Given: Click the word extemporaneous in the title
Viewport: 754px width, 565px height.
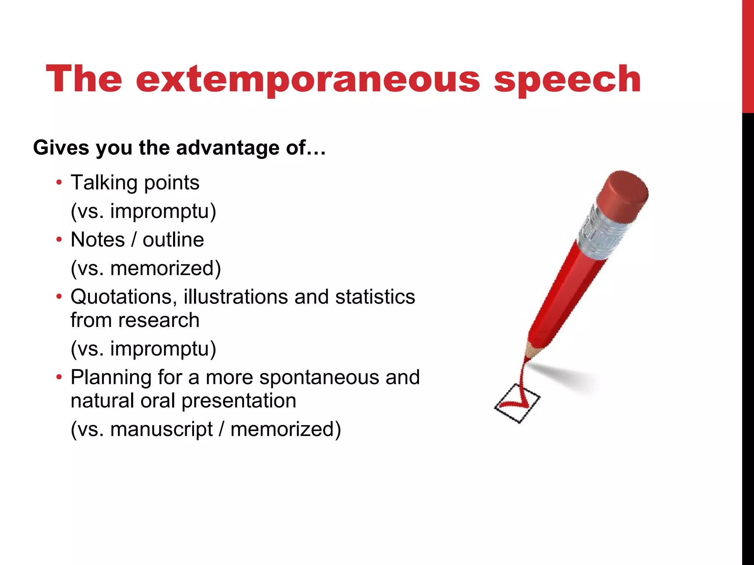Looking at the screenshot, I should pyautogui.click(x=308, y=79).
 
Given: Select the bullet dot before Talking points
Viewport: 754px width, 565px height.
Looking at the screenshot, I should pyautogui.click(x=59, y=182).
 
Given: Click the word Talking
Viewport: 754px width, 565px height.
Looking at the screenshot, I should pyautogui.click(x=104, y=183).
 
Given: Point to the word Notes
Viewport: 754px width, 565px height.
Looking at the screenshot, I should pyautogui.click(x=98, y=240).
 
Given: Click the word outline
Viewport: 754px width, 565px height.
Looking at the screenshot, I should pyautogui.click(x=173, y=240).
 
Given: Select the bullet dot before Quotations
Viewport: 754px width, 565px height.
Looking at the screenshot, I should pyautogui.click(x=59, y=297).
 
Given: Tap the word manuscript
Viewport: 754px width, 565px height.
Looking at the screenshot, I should pyautogui.click(x=161, y=429).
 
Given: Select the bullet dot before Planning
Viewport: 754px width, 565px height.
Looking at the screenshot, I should pyautogui.click(x=59, y=377).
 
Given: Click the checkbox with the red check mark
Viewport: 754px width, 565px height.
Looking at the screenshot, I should pyautogui.click(x=517, y=403).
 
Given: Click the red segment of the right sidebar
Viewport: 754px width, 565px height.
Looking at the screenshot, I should pyautogui.click(x=748, y=55).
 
